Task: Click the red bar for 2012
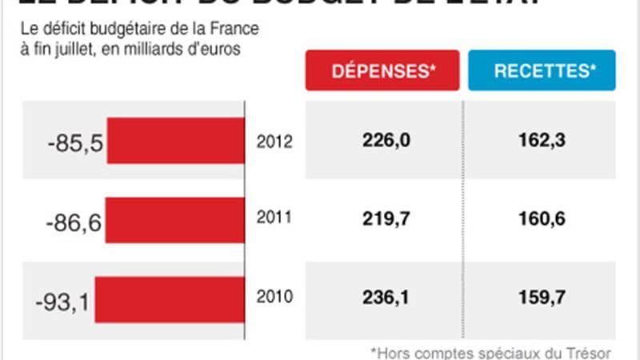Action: point(176,140)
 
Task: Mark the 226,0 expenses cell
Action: point(383,141)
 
